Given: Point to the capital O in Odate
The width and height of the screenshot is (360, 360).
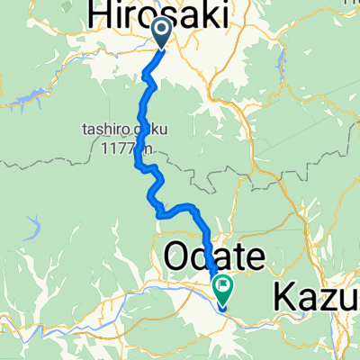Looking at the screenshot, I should pyautogui.click(x=176, y=258).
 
